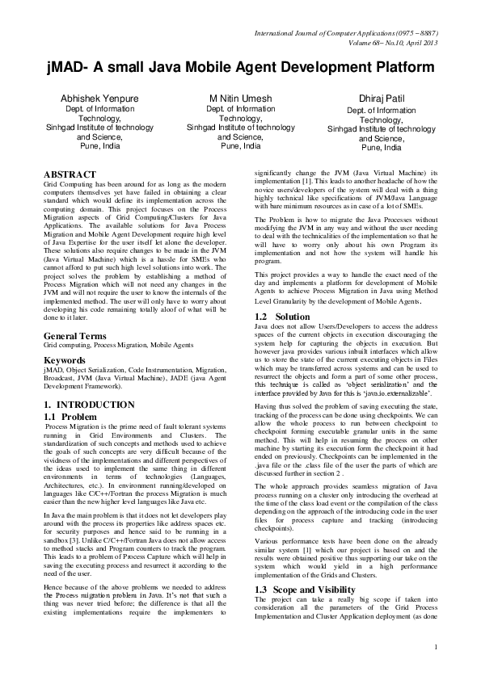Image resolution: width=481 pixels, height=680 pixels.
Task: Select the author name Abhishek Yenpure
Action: (x=88, y=98)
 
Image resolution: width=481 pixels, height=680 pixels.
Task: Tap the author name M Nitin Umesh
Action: (x=240, y=98)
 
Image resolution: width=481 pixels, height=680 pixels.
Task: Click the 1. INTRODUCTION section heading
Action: (x=89, y=403)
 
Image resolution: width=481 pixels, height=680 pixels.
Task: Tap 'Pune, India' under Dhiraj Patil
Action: (x=381, y=148)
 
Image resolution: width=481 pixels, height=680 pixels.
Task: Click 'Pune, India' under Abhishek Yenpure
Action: (x=88, y=147)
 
